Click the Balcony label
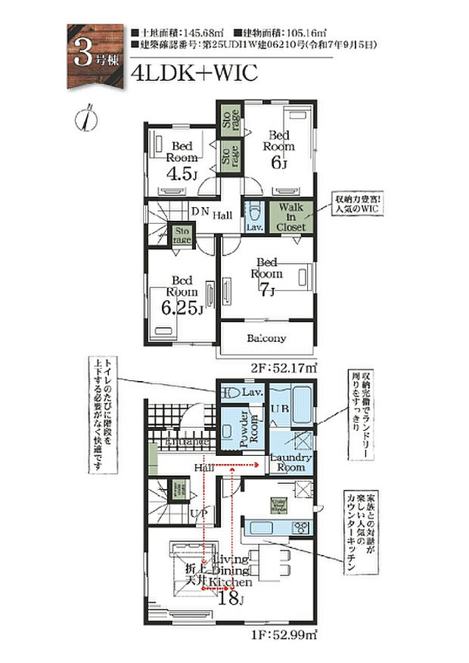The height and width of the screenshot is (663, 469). [x=266, y=339]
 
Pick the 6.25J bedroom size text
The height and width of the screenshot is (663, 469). [x=184, y=307]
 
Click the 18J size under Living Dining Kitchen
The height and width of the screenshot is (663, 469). [x=230, y=597]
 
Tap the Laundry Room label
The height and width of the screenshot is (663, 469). [x=287, y=462]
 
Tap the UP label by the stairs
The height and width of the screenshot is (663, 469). [x=199, y=513]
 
